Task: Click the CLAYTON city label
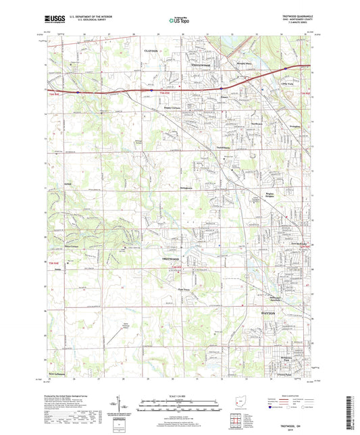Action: point(151,51)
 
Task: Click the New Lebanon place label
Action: point(60,373)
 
